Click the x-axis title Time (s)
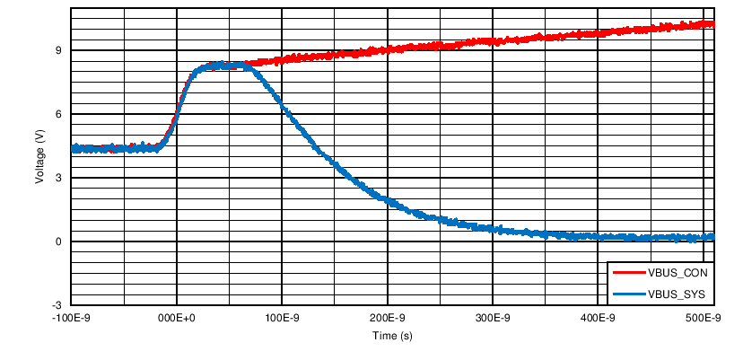click(392, 336)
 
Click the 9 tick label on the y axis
click(58, 50)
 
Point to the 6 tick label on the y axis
click(58, 114)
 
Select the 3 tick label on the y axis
click(58, 178)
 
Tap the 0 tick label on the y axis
click(58, 241)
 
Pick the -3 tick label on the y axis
click(56, 305)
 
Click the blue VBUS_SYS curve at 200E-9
click(388, 200)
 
